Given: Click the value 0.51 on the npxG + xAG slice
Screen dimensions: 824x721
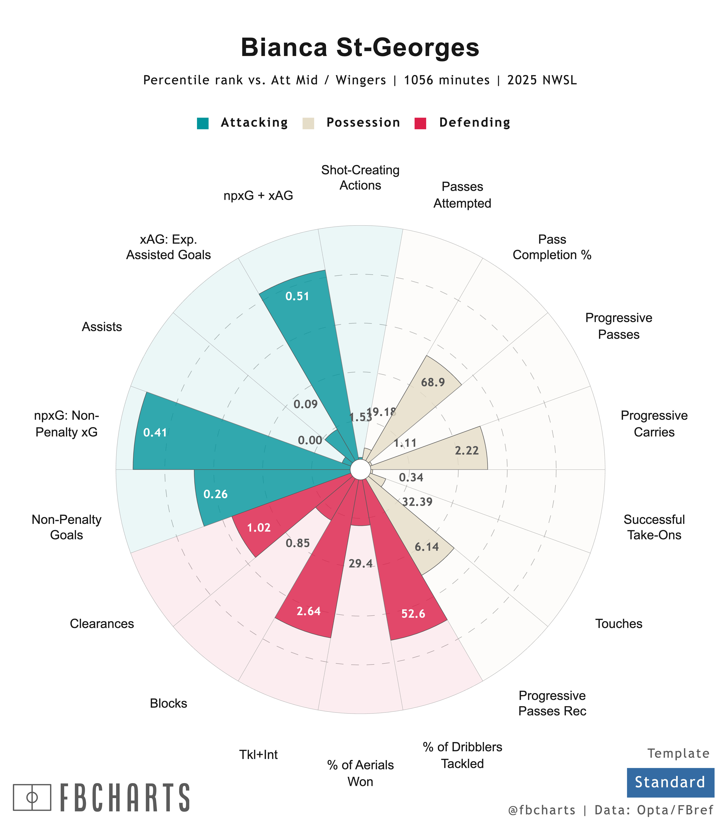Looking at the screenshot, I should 297,296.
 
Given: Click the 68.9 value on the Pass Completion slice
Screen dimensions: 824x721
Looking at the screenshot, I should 433,382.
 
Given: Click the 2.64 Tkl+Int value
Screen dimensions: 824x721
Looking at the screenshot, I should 309,611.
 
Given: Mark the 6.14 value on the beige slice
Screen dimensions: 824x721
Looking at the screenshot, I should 426,547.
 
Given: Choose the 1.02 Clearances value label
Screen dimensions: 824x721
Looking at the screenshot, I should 259,528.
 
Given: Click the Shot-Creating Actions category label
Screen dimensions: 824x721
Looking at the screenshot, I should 360,177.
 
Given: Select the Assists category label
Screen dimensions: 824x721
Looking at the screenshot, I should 102,327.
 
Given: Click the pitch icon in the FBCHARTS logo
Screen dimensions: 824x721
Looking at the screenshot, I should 32,797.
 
